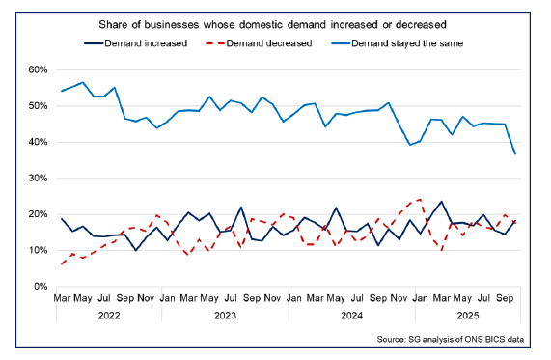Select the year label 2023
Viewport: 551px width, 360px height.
[x=225, y=315]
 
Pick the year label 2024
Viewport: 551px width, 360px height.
[x=350, y=315]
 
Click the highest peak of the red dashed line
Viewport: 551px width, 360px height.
[x=420, y=200]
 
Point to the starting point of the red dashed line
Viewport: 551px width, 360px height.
[x=63, y=263]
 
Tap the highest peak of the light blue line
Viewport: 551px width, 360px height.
[x=83, y=82]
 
